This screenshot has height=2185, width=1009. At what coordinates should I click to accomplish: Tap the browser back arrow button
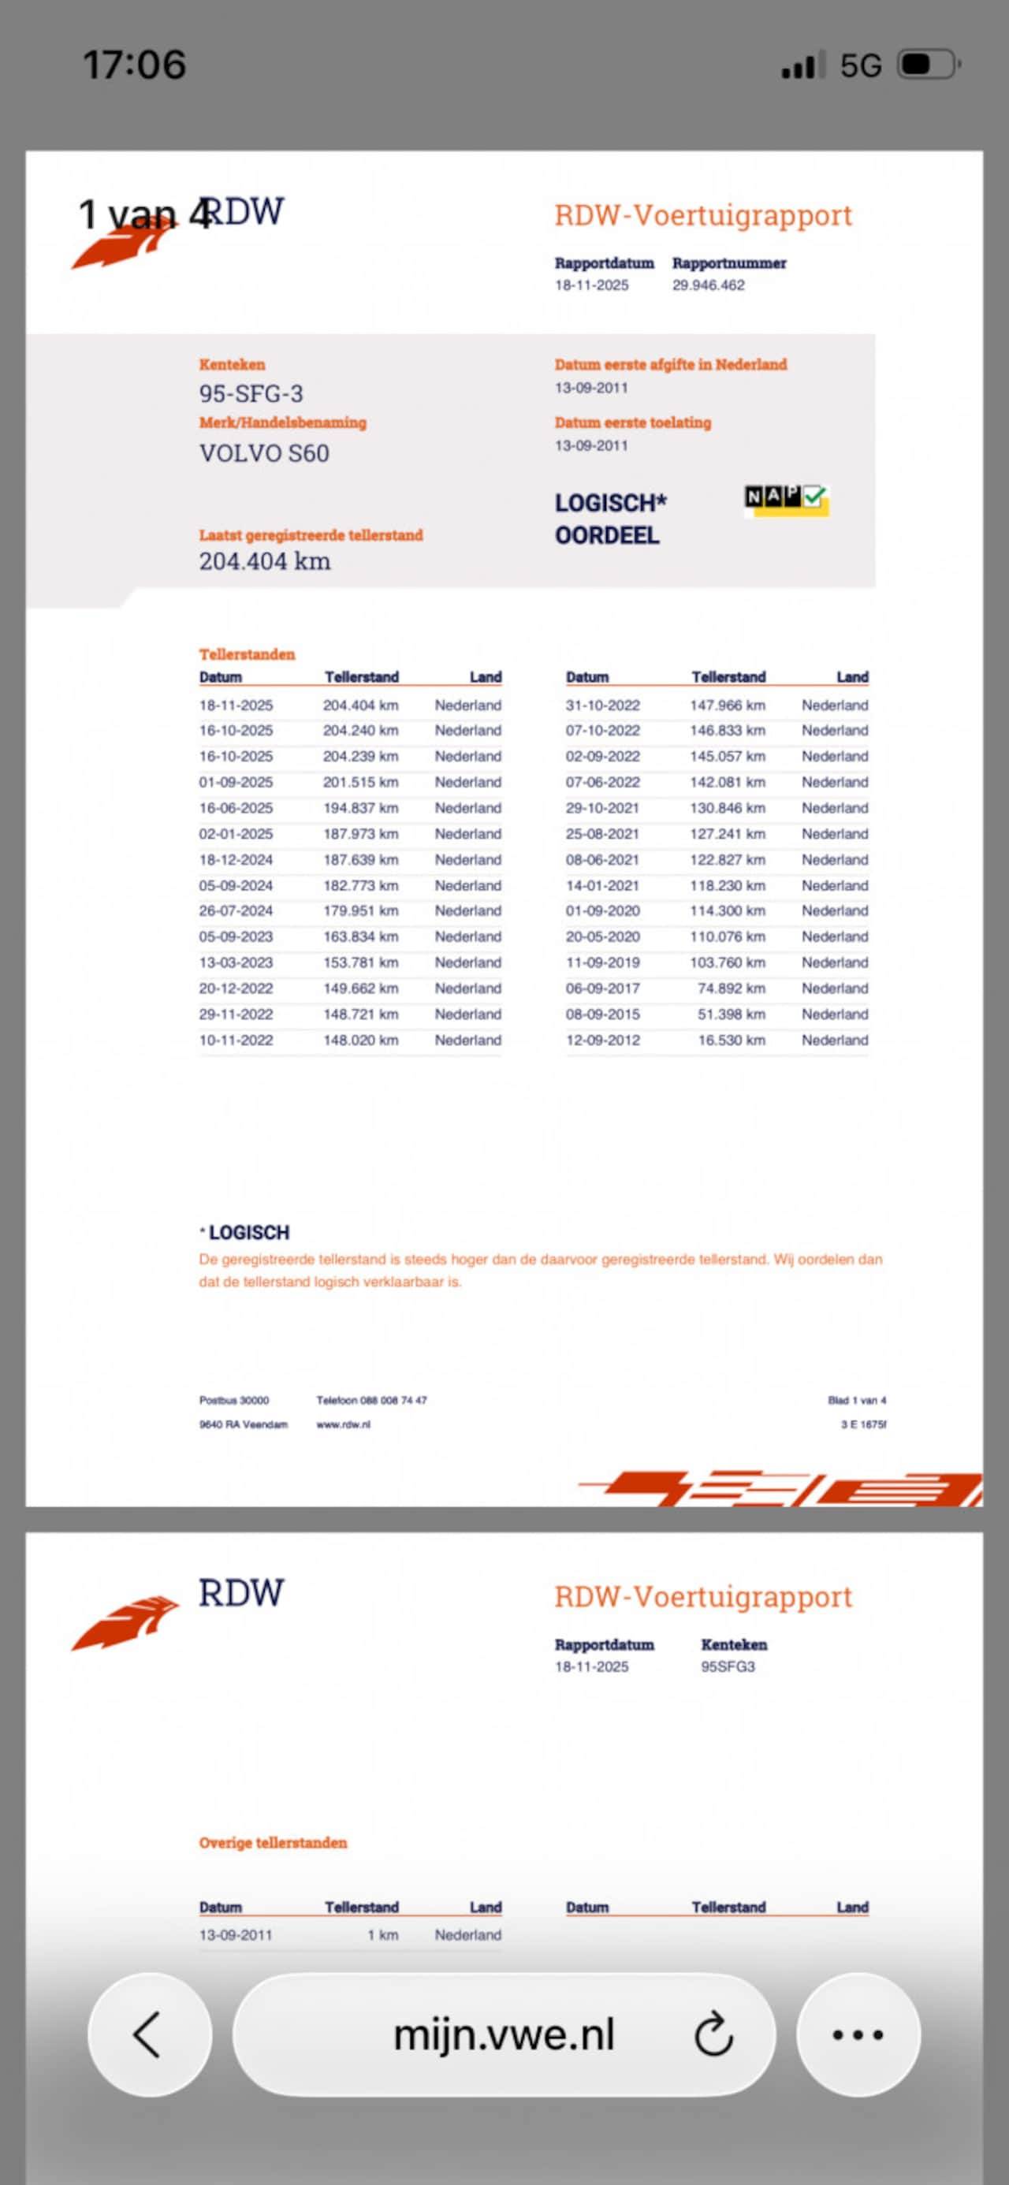point(148,2034)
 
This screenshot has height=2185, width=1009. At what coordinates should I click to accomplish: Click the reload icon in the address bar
point(713,2034)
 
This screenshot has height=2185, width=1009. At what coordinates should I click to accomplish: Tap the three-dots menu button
point(858,2034)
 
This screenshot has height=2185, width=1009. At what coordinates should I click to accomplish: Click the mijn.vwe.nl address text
point(503,2034)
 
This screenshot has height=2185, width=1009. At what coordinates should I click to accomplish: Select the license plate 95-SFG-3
point(251,393)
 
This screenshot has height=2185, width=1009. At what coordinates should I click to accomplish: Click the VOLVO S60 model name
point(264,453)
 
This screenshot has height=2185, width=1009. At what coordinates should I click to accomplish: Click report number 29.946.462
point(709,285)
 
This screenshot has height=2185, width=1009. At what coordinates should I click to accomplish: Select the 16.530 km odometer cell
point(731,1040)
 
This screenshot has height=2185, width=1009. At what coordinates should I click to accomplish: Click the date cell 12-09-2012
point(602,1040)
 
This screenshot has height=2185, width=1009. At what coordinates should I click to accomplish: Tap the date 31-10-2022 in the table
point(602,705)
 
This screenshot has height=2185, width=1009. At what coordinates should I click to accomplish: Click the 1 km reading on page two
point(383,1935)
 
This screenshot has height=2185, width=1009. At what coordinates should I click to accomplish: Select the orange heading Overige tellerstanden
point(273,1842)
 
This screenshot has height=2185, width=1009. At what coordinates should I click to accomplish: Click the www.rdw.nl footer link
point(343,1424)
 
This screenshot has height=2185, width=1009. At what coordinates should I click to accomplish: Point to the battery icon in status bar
point(929,65)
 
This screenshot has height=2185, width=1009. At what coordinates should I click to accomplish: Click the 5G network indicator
point(860,65)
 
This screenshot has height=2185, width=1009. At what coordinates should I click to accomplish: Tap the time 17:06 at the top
point(134,65)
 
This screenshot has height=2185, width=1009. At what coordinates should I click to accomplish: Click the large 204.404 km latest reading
point(265,560)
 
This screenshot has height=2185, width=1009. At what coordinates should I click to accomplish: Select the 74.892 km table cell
point(731,988)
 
